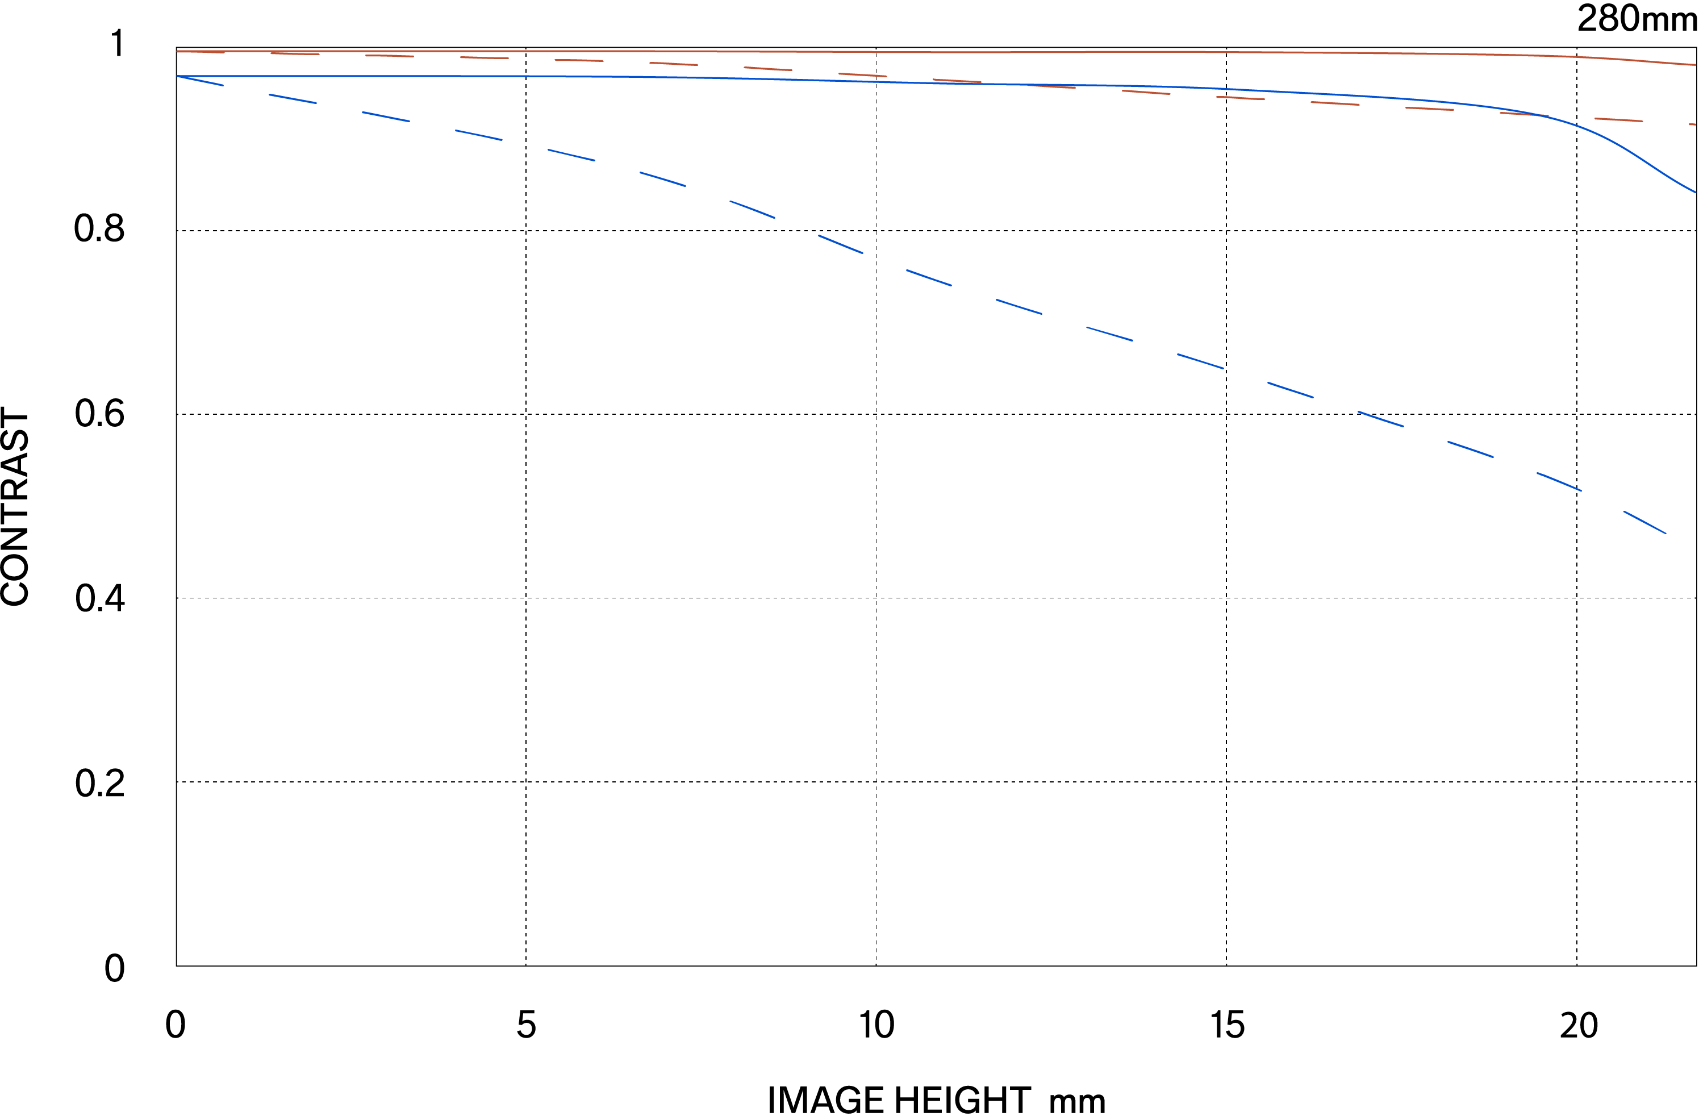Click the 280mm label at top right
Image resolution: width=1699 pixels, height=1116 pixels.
(x=1635, y=19)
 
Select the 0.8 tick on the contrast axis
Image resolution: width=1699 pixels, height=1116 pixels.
(x=99, y=228)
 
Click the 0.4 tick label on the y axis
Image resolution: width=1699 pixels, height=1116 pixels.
(x=99, y=598)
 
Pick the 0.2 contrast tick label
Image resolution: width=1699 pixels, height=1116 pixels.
(x=99, y=783)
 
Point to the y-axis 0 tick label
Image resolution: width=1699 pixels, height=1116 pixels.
(x=114, y=968)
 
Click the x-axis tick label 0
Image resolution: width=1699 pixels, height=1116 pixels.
(x=175, y=1025)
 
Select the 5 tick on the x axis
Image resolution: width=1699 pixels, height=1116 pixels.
(x=526, y=1025)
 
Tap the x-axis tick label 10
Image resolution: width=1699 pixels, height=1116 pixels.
(x=876, y=1025)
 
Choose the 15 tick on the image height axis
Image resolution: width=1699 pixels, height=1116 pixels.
(x=1227, y=1025)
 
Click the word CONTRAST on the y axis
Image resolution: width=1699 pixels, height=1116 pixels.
(x=16, y=507)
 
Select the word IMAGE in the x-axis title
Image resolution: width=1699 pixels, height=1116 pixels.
(x=825, y=1100)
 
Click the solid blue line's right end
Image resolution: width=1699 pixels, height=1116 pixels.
(x=1694, y=191)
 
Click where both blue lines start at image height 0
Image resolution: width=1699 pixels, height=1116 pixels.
(x=177, y=76)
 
